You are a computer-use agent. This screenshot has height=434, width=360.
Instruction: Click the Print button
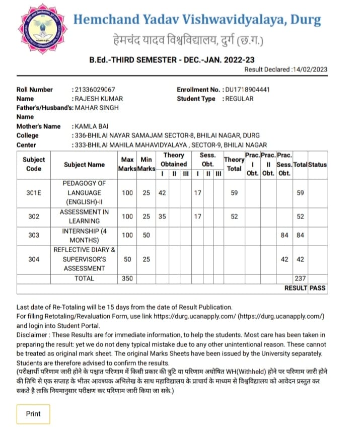click(x=33, y=414)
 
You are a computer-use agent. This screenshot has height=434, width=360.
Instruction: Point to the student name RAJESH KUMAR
click(x=99, y=99)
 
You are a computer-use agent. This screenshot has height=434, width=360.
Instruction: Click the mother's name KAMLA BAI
click(x=92, y=126)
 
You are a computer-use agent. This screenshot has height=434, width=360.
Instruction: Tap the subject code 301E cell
click(x=33, y=192)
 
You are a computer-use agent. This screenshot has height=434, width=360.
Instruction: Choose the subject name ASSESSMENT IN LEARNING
click(x=84, y=216)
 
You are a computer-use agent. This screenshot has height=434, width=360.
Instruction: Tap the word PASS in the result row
click(x=317, y=288)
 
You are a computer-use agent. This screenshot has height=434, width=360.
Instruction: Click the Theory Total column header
click(x=234, y=164)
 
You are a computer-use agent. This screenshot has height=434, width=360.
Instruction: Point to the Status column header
click(x=317, y=165)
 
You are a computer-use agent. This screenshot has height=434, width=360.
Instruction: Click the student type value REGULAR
click(x=239, y=99)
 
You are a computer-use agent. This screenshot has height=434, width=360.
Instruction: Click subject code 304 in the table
click(x=33, y=259)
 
